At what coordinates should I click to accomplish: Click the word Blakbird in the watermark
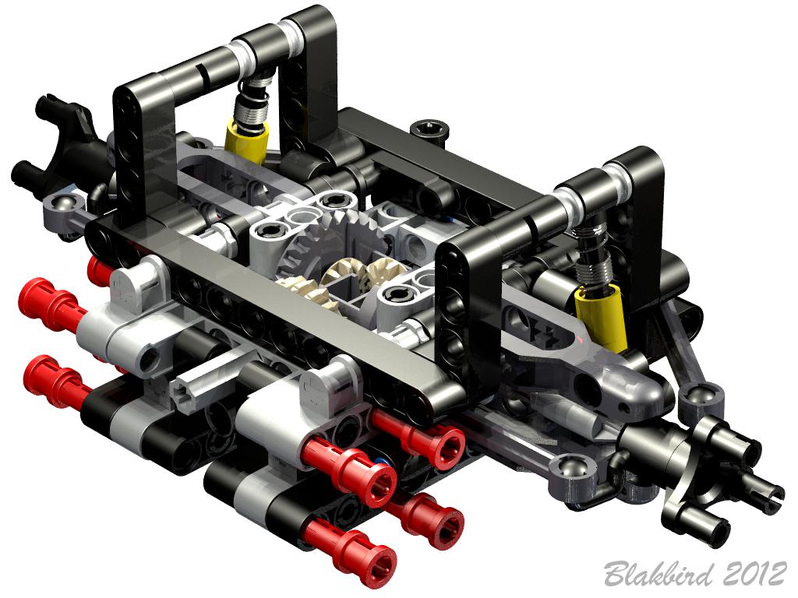(659, 574)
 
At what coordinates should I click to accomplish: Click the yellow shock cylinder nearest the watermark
(600, 318)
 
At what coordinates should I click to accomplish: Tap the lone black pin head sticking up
(430, 128)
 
